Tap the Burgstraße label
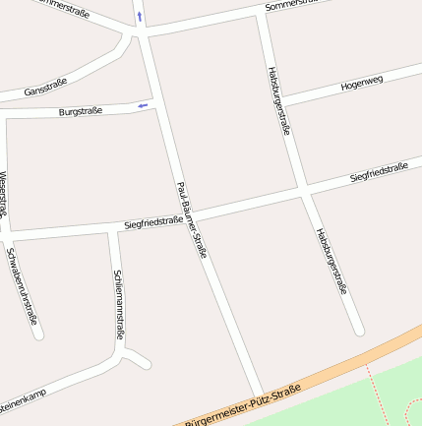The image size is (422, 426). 80,111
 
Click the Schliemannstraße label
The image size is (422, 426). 119,304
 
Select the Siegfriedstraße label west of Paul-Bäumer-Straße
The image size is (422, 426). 153,223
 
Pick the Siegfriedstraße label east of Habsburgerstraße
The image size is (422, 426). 379,173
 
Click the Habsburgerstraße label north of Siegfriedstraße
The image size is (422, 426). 278,100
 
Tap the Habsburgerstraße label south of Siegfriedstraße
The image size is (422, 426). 332,261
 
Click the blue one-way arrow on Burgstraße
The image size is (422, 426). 144,104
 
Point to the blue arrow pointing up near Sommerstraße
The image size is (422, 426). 140,17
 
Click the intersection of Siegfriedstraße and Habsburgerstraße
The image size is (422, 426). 303,189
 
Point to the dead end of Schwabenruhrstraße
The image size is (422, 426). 37,334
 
